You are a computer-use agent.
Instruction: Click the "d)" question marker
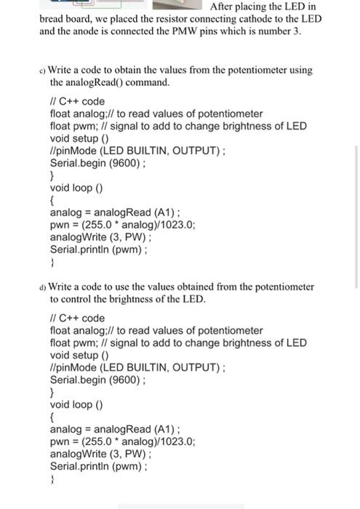coord(43,286)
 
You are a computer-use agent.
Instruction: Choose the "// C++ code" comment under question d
coord(77,318)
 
